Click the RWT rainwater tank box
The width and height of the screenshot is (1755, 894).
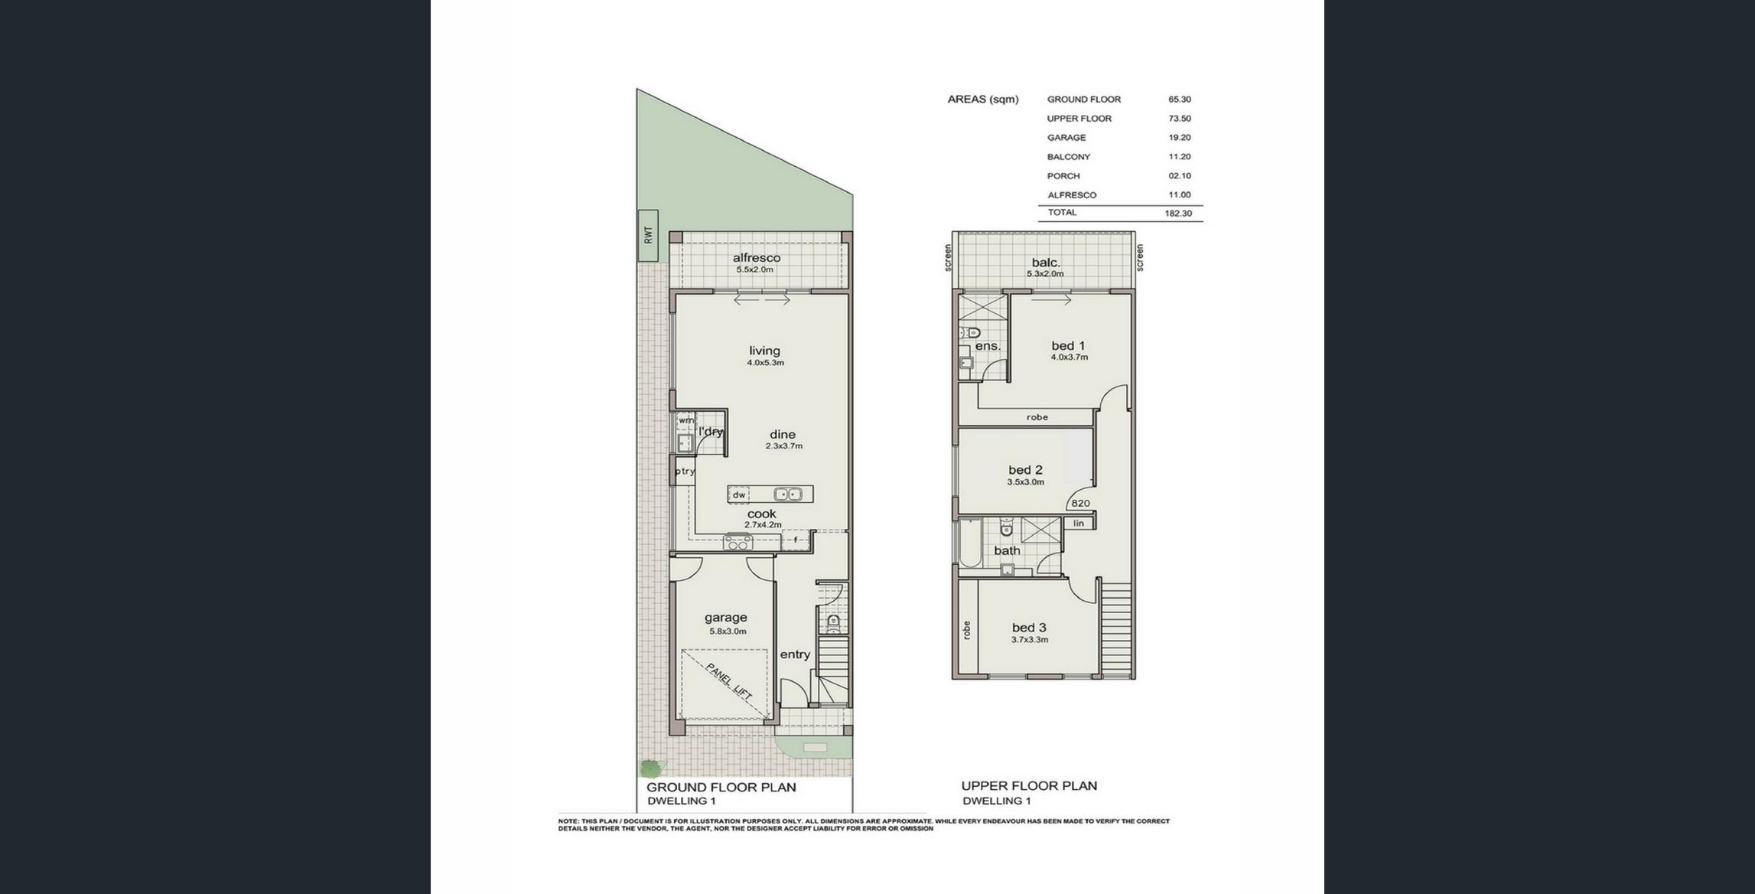[647, 235]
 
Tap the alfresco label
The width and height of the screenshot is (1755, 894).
[757, 258]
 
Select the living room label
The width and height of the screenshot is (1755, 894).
[764, 351]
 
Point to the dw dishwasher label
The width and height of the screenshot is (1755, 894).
[739, 495]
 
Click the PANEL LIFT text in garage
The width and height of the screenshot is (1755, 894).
[729, 681]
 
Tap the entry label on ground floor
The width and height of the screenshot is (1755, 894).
[795, 654]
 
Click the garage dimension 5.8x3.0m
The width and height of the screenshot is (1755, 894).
[728, 631]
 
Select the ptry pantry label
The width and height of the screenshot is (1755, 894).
[685, 471]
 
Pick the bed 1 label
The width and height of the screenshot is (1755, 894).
[1068, 345]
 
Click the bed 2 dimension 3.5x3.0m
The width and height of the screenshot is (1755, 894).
[1025, 482]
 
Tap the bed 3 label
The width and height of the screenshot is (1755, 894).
[1029, 627]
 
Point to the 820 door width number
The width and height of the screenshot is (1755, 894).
[1080, 503]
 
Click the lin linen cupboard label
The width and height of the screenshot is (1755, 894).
[1079, 524]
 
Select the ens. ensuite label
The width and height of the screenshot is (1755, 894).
[988, 346]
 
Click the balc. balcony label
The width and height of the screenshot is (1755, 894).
[1046, 263]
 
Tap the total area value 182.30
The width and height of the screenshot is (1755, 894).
[1178, 214]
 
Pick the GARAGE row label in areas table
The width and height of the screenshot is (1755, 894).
[1066, 138]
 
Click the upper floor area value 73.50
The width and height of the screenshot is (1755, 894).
[1180, 119]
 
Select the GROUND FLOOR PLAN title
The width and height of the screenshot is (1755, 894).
[721, 787]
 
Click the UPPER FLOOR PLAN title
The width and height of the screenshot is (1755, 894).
[1029, 785]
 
